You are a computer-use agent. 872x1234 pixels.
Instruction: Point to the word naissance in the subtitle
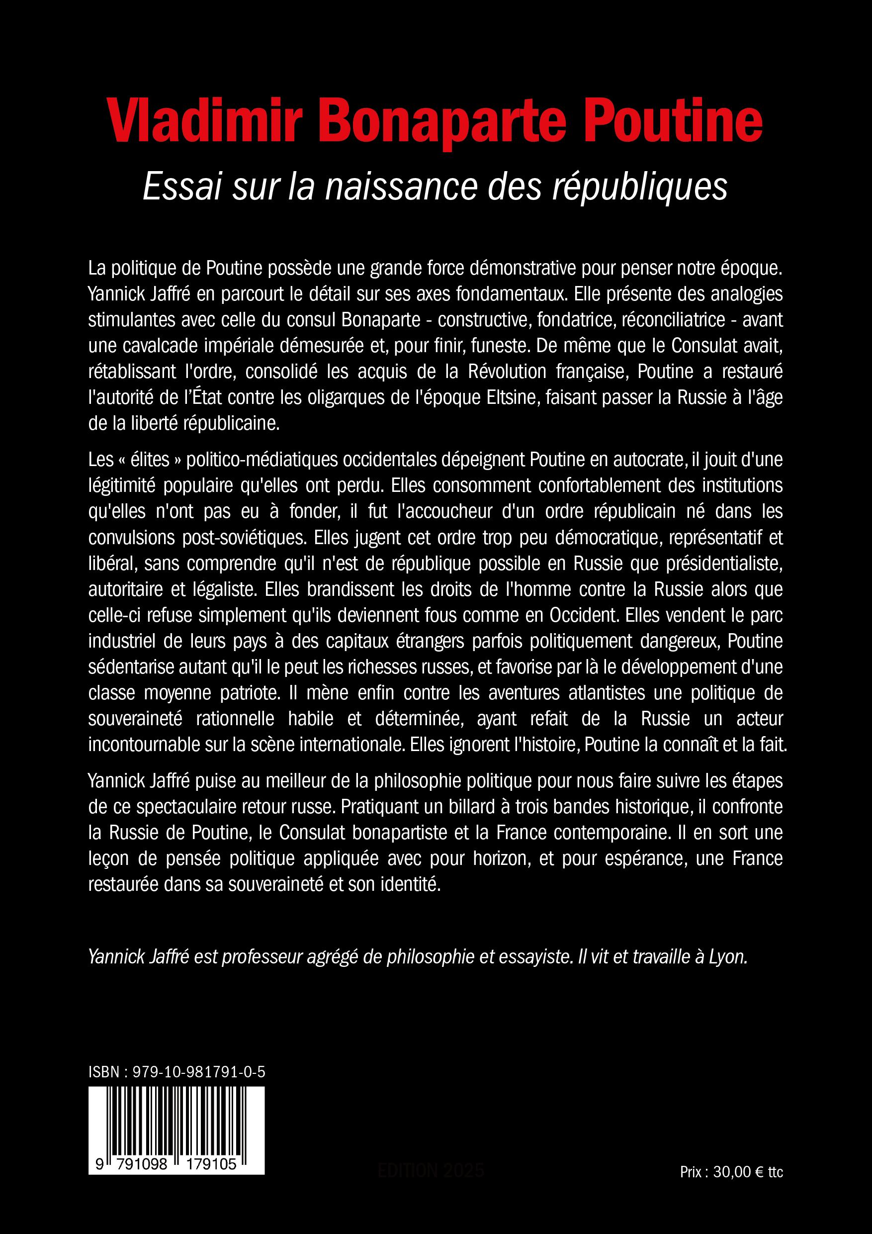click(x=401, y=187)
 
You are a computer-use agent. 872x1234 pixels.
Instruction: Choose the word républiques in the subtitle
click(x=640, y=187)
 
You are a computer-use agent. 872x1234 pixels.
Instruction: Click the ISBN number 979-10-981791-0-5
click(x=199, y=1072)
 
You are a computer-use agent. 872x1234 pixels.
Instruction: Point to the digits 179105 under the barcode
click(x=211, y=1164)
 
